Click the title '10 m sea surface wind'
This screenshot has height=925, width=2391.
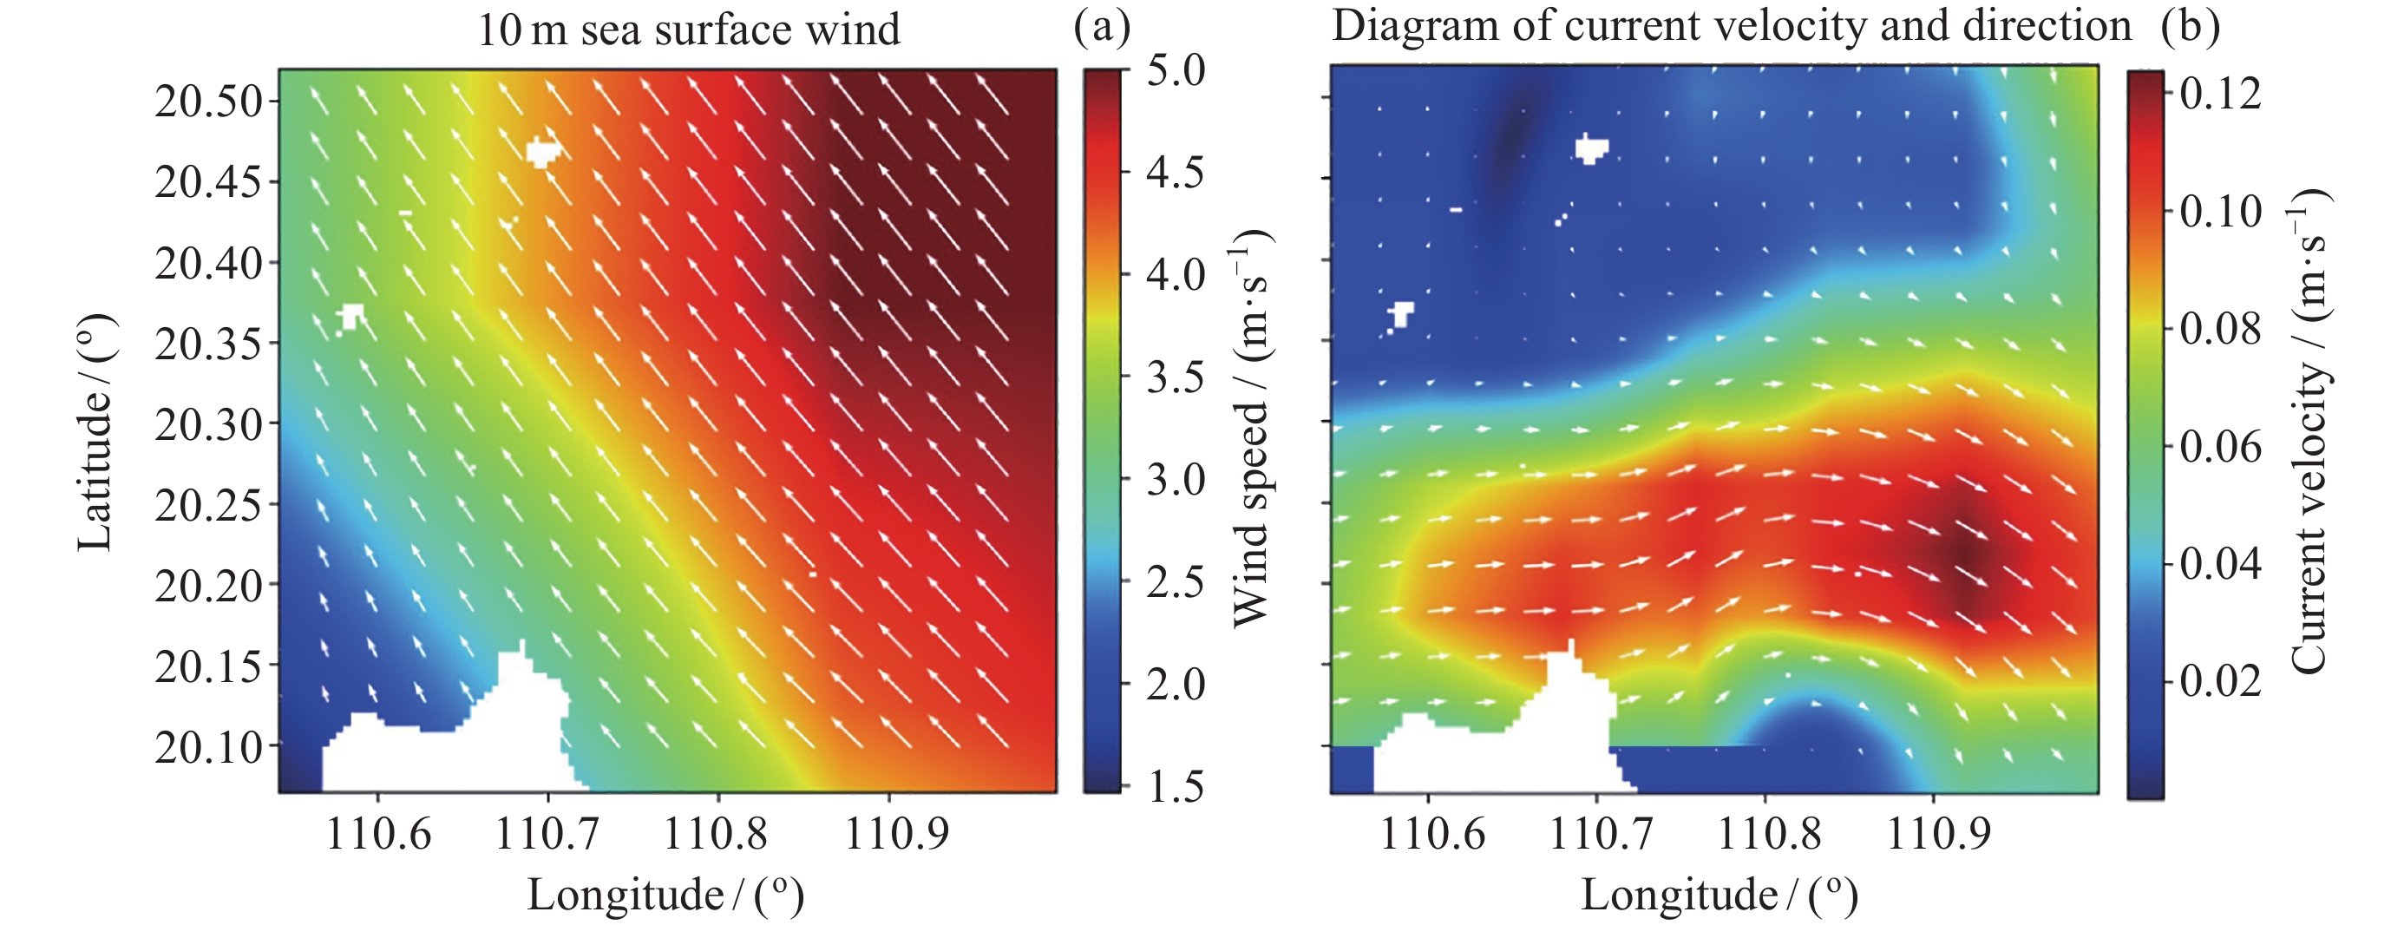point(688,30)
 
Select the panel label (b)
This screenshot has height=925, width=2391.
point(2190,26)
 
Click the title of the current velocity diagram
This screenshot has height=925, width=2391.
point(1731,26)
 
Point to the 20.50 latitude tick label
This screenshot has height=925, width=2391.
point(210,102)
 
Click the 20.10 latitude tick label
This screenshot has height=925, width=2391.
point(210,748)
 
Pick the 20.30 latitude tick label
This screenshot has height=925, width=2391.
point(210,425)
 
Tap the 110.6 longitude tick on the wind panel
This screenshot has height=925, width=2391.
point(377,834)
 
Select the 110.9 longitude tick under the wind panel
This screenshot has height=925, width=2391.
point(897,834)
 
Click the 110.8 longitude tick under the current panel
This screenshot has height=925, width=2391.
point(1769,834)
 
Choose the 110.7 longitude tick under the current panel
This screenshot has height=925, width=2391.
point(1600,834)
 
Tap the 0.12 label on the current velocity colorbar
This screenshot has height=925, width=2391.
point(2220,94)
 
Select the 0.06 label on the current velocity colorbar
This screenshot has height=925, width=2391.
point(2220,447)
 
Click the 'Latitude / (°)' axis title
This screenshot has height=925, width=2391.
point(95,432)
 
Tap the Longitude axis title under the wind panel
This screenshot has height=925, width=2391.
point(665,895)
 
